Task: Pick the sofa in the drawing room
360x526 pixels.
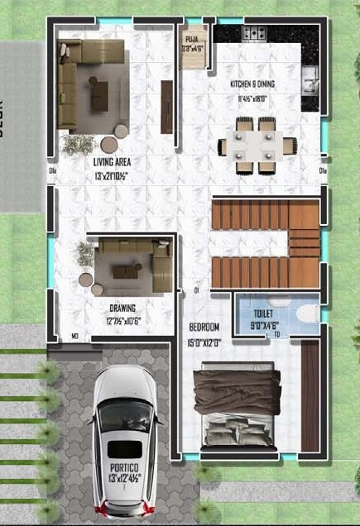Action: tap(127, 270)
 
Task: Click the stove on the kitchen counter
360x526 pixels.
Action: tap(252, 34)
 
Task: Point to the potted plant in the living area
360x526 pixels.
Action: tap(77, 144)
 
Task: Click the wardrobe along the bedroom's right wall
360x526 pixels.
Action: tap(310, 396)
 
